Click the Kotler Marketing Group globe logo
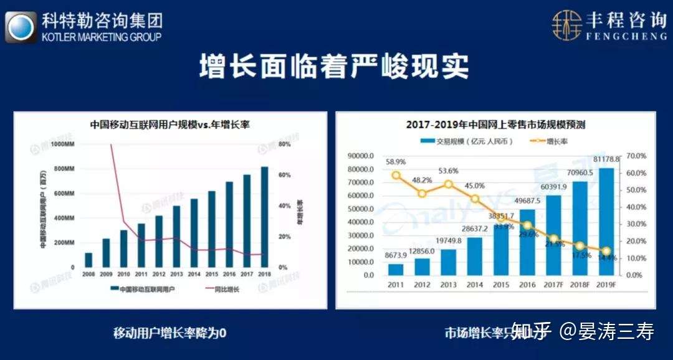[x=20, y=27]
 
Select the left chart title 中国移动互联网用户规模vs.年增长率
[x=169, y=123]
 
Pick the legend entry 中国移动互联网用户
[x=142, y=289]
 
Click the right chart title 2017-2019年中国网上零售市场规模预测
[x=495, y=125]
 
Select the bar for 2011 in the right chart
[x=396, y=269]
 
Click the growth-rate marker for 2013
[x=448, y=184]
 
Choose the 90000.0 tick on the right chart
[x=361, y=156]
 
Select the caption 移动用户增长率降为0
[x=169, y=332]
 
